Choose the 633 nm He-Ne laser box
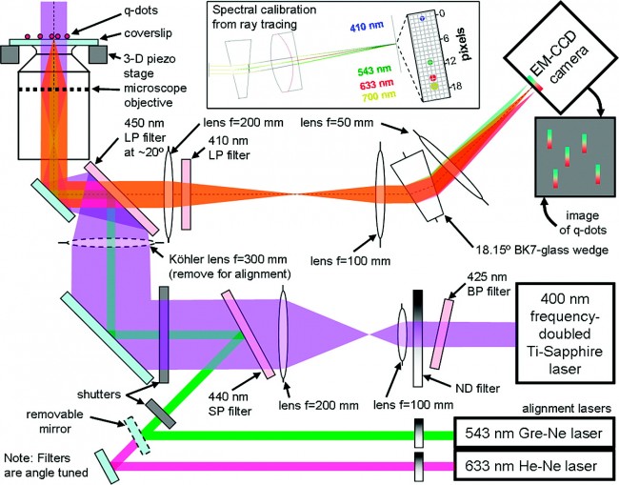[538, 467]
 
